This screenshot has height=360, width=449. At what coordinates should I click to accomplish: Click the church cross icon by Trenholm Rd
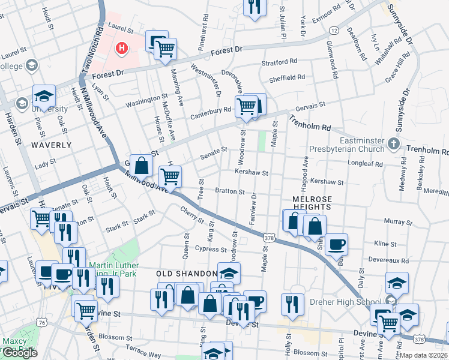[393, 143]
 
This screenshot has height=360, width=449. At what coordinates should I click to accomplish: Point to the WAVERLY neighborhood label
[51, 145]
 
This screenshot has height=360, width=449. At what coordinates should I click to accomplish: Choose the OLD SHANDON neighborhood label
[181, 274]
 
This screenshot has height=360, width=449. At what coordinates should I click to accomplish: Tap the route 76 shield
[41, 322]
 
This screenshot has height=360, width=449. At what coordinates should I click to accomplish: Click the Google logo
[20, 353]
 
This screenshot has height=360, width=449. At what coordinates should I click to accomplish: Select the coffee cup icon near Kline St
[337, 244]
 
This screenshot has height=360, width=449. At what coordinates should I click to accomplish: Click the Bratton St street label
[229, 192]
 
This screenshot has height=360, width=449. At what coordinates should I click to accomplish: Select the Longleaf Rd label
[365, 163]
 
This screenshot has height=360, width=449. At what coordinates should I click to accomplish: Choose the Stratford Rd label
[279, 62]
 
